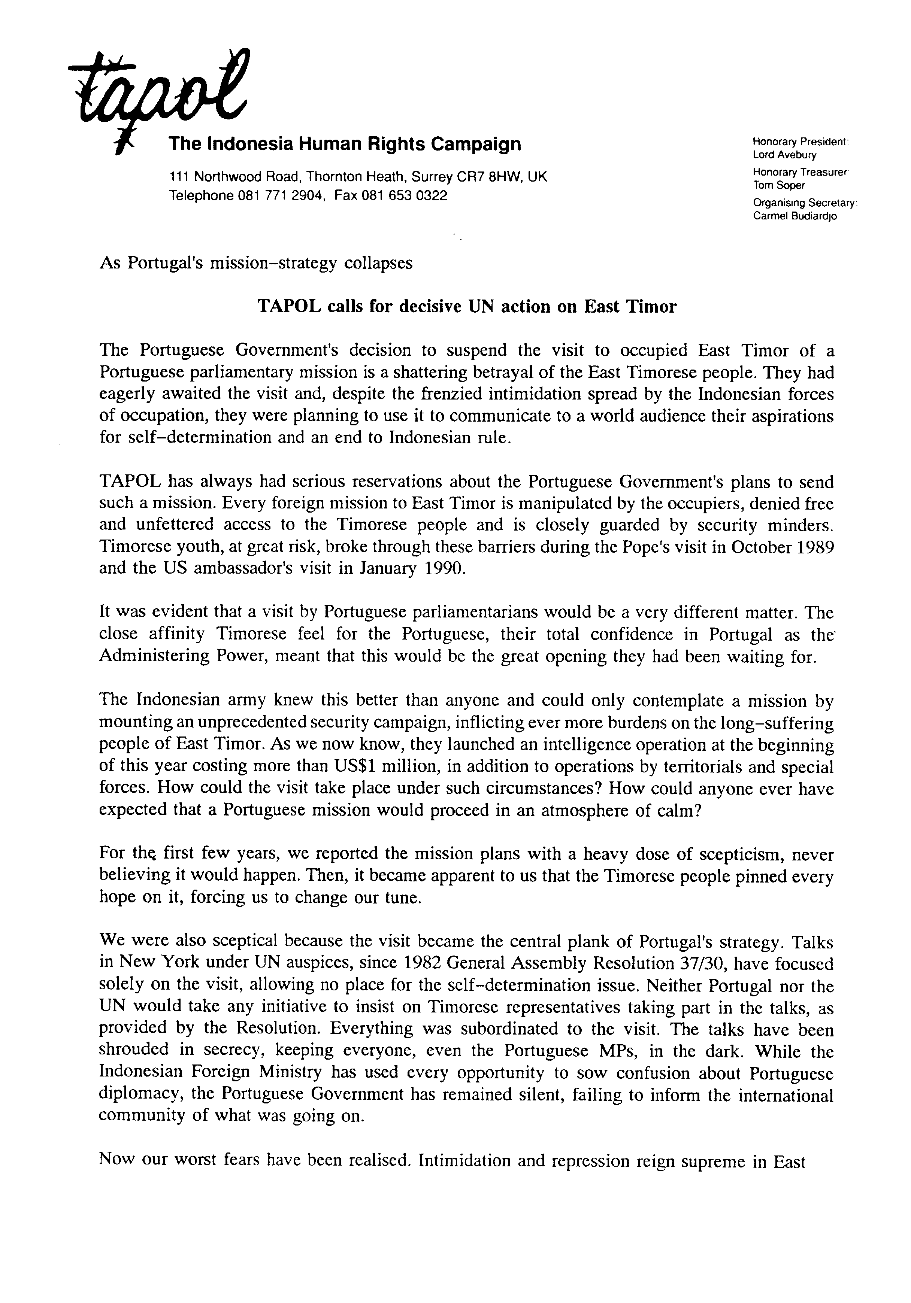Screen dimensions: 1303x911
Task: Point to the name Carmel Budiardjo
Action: [x=794, y=216]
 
